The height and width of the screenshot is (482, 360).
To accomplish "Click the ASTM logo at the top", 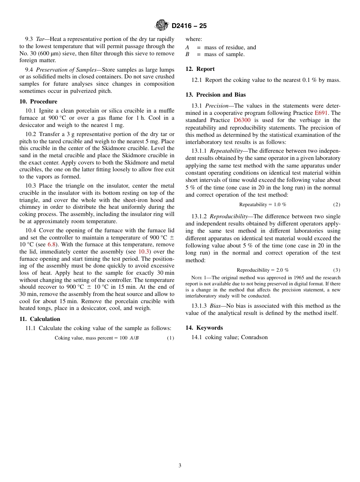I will pyautogui.click(x=161, y=25).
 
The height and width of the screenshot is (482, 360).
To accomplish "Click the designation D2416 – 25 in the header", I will pyautogui.click(x=189, y=26).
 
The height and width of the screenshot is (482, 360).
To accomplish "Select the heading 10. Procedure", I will pyautogui.click(x=38, y=102).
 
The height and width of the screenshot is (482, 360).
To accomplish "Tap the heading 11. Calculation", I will pyautogui.click(x=40, y=319).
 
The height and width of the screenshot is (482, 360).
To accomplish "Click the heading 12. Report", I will pyautogui.click(x=200, y=69).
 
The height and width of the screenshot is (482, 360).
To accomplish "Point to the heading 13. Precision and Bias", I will pyautogui.click(x=216, y=95).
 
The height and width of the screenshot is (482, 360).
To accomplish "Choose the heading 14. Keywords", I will pyautogui.click(x=204, y=328).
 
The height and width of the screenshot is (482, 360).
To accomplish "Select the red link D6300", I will pyautogui.click(x=242, y=121).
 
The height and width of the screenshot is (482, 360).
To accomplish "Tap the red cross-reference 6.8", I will pyautogui.click(x=52, y=244).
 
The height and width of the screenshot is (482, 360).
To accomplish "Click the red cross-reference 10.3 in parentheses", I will pyautogui.click(x=144, y=252).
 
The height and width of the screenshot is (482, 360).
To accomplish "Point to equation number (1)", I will pyautogui.click(x=171, y=338).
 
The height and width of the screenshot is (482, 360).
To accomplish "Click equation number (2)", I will pyautogui.click(x=337, y=205).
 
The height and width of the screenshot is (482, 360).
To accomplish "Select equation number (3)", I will pyautogui.click(x=337, y=270).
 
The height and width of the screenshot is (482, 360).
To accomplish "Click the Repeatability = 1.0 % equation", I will pyautogui.click(x=263, y=205).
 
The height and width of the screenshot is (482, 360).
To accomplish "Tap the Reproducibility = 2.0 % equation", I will pyautogui.click(x=263, y=270).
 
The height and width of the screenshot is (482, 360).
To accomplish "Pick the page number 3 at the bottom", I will pyautogui.click(x=180, y=466).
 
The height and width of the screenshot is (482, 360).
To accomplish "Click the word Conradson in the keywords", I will pyautogui.click(x=254, y=337).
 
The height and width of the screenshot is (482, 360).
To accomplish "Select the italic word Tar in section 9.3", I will pyautogui.click(x=40, y=39).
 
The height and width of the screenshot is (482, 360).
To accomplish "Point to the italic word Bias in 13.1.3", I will pyautogui.click(x=215, y=306).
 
